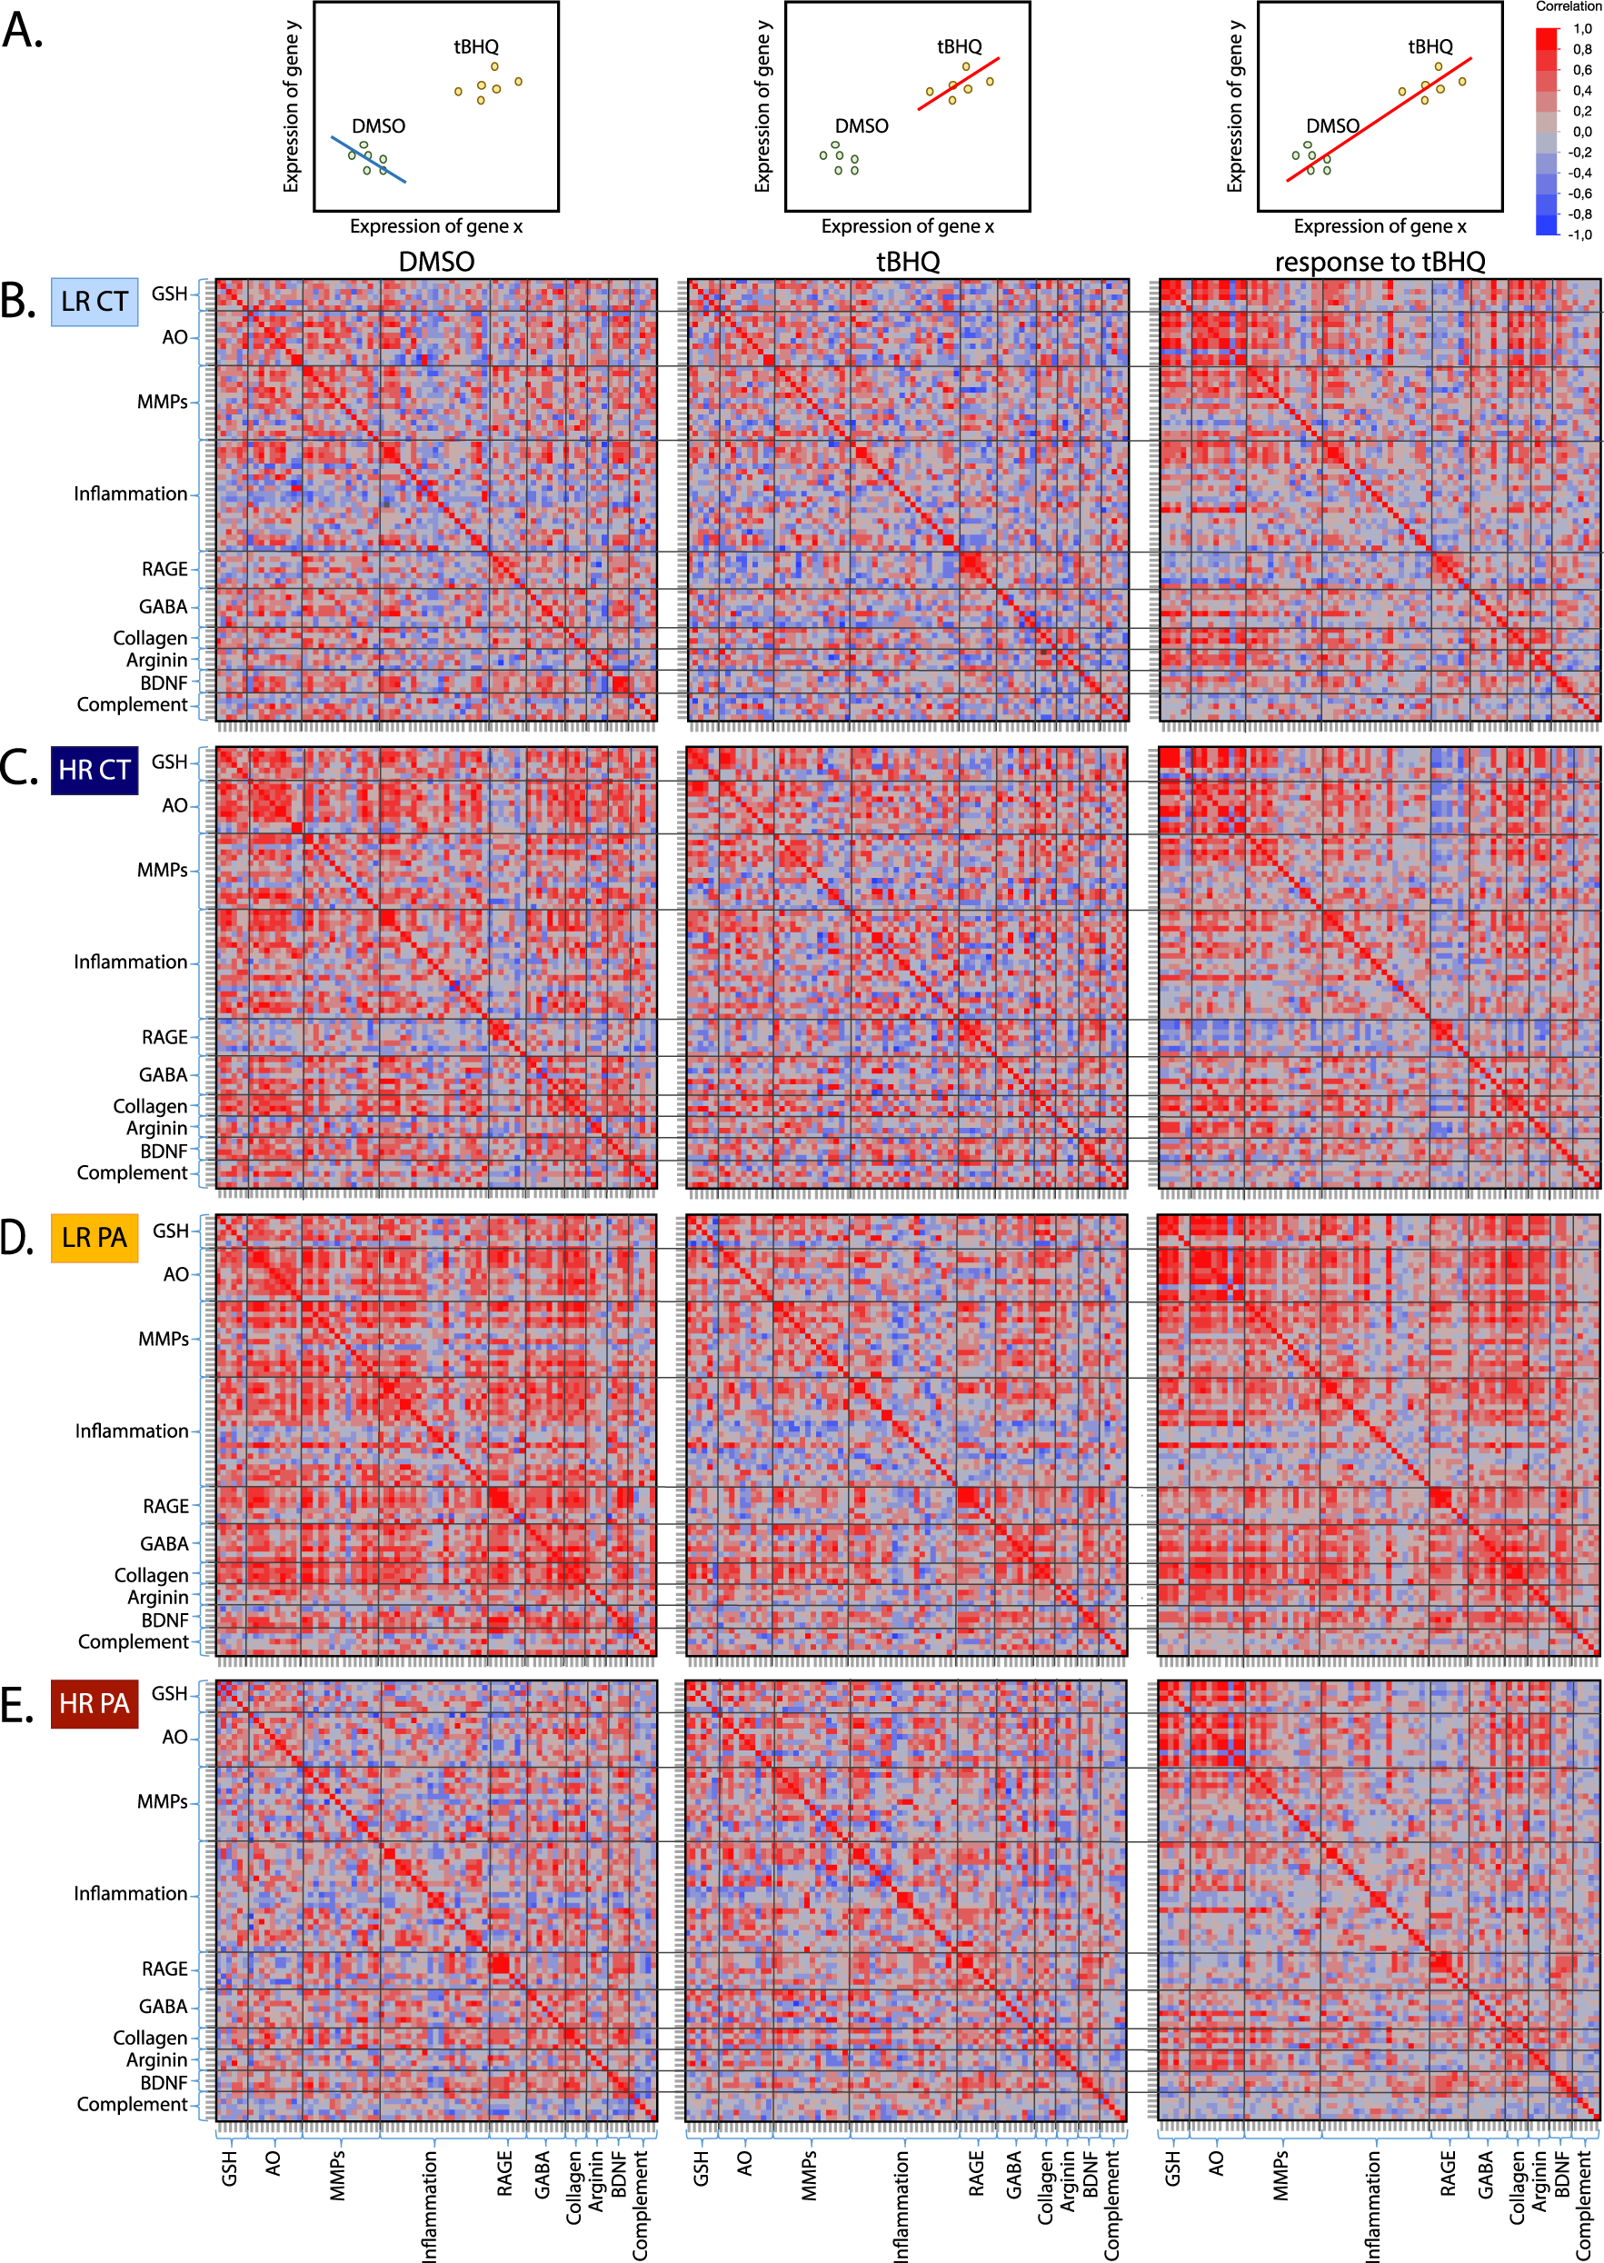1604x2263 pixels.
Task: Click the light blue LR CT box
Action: pos(94,301)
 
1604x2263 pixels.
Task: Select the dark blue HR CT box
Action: pos(94,770)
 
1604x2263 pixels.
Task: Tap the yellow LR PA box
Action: pos(94,1238)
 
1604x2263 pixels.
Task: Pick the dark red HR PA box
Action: pos(94,1703)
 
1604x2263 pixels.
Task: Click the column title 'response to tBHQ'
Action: pos(1379,262)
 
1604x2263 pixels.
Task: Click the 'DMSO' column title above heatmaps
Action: pos(435,262)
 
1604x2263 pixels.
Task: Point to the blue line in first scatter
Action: pos(367,160)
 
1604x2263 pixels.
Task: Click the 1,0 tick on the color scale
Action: pos(1581,29)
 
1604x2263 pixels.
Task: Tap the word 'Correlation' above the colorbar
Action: pos(1568,7)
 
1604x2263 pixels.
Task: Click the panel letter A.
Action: pos(22,32)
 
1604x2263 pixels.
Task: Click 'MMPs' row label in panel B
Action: pos(162,402)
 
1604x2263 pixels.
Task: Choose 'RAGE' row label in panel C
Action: pos(164,1037)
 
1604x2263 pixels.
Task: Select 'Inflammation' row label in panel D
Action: pos(132,1431)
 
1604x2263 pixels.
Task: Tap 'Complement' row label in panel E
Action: pos(132,2104)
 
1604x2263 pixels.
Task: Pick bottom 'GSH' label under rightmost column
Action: pos(1172,2169)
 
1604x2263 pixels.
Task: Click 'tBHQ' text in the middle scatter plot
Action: pos(959,46)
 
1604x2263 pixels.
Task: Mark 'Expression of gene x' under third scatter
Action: pos(1379,226)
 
